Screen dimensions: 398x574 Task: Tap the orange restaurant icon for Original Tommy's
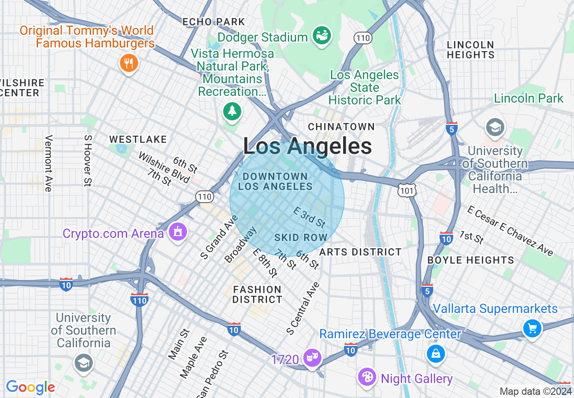pos(129,63)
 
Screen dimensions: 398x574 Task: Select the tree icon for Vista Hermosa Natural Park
pos(232,111)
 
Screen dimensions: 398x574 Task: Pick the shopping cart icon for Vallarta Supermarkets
pos(532,328)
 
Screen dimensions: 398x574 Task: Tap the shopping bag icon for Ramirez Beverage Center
pos(435,354)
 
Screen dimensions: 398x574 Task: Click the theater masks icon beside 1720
pos(312,359)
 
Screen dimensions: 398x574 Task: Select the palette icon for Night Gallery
pos(367,377)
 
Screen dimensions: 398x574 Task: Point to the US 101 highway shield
pos(407,191)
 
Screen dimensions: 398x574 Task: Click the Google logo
pos(30,387)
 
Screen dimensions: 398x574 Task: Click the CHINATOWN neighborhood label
pos(341,127)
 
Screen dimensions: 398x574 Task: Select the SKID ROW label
pos(301,238)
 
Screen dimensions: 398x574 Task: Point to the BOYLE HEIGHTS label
pos(471,260)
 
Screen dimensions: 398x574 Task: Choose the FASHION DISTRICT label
pos(258,294)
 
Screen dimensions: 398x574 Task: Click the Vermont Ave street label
pos(48,163)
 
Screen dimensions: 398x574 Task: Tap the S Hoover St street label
pos(87,160)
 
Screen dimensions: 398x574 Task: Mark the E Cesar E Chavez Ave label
pos(511,230)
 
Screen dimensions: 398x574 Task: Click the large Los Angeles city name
pos(307,147)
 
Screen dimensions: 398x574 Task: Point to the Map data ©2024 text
pos(536,391)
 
